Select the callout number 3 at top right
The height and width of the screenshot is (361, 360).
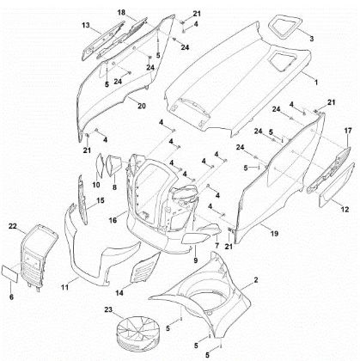(x=311, y=39)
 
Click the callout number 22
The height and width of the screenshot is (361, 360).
(x=12, y=225)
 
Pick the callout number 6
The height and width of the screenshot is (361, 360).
(x=11, y=297)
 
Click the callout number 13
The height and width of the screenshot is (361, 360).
(x=85, y=26)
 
